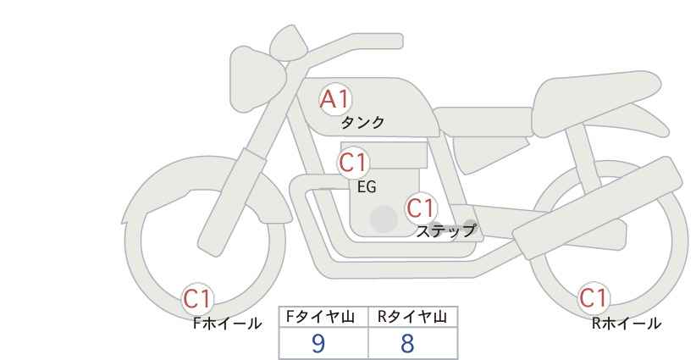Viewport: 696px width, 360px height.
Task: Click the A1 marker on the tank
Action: (x=336, y=100)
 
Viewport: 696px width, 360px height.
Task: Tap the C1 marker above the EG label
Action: (x=353, y=163)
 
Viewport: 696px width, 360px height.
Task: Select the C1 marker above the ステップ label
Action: (x=421, y=208)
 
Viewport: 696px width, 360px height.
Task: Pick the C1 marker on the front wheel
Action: (x=197, y=299)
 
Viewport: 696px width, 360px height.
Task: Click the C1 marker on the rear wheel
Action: (x=594, y=298)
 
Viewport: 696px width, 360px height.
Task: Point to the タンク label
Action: (x=362, y=123)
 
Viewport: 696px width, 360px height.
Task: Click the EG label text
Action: (x=367, y=187)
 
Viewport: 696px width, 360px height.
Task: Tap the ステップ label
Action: (x=445, y=231)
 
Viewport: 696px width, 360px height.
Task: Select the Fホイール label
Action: (x=228, y=324)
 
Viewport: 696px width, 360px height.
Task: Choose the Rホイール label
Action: (x=627, y=324)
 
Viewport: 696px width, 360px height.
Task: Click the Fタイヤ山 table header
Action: (x=320, y=317)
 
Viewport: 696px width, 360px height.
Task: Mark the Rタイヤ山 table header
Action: (x=412, y=317)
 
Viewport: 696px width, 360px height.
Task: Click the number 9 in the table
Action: (x=318, y=343)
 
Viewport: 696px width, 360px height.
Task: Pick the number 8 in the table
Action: (x=407, y=343)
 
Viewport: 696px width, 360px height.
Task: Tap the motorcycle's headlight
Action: (x=257, y=79)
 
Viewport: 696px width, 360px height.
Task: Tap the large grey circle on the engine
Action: (x=384, y=219)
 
